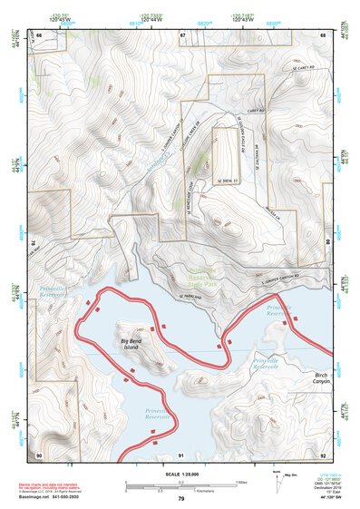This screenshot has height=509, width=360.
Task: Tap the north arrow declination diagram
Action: tap(276, 475)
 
